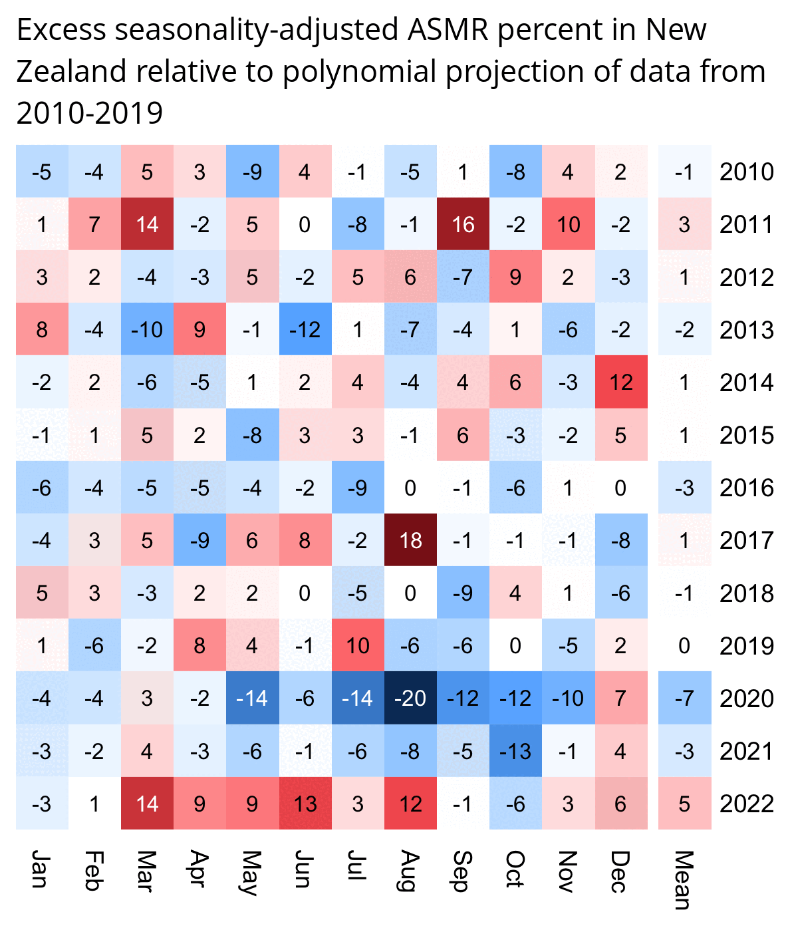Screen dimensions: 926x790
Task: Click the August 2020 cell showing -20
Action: coord(410,698)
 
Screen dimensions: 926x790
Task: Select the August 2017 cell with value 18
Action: coord(410,540)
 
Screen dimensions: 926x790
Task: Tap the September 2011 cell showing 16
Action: coord(463,224)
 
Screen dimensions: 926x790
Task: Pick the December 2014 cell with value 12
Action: coord(621,383)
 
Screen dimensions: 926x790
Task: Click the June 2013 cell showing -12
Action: coord(305,330)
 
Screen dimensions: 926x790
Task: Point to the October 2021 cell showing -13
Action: coord(515,751)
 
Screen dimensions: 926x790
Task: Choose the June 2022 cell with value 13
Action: coord(305,804)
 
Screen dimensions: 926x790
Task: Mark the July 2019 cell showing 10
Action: coord(358,646)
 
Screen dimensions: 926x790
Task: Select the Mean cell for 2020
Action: coord(684,698)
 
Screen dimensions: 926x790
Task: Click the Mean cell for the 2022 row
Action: coord(684,804)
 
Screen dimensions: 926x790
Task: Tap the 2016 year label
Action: coord(747,488)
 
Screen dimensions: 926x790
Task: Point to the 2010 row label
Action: coord(747,172)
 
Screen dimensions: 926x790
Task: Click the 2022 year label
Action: coord(747,804)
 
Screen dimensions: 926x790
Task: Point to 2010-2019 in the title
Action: coord(90,113)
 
